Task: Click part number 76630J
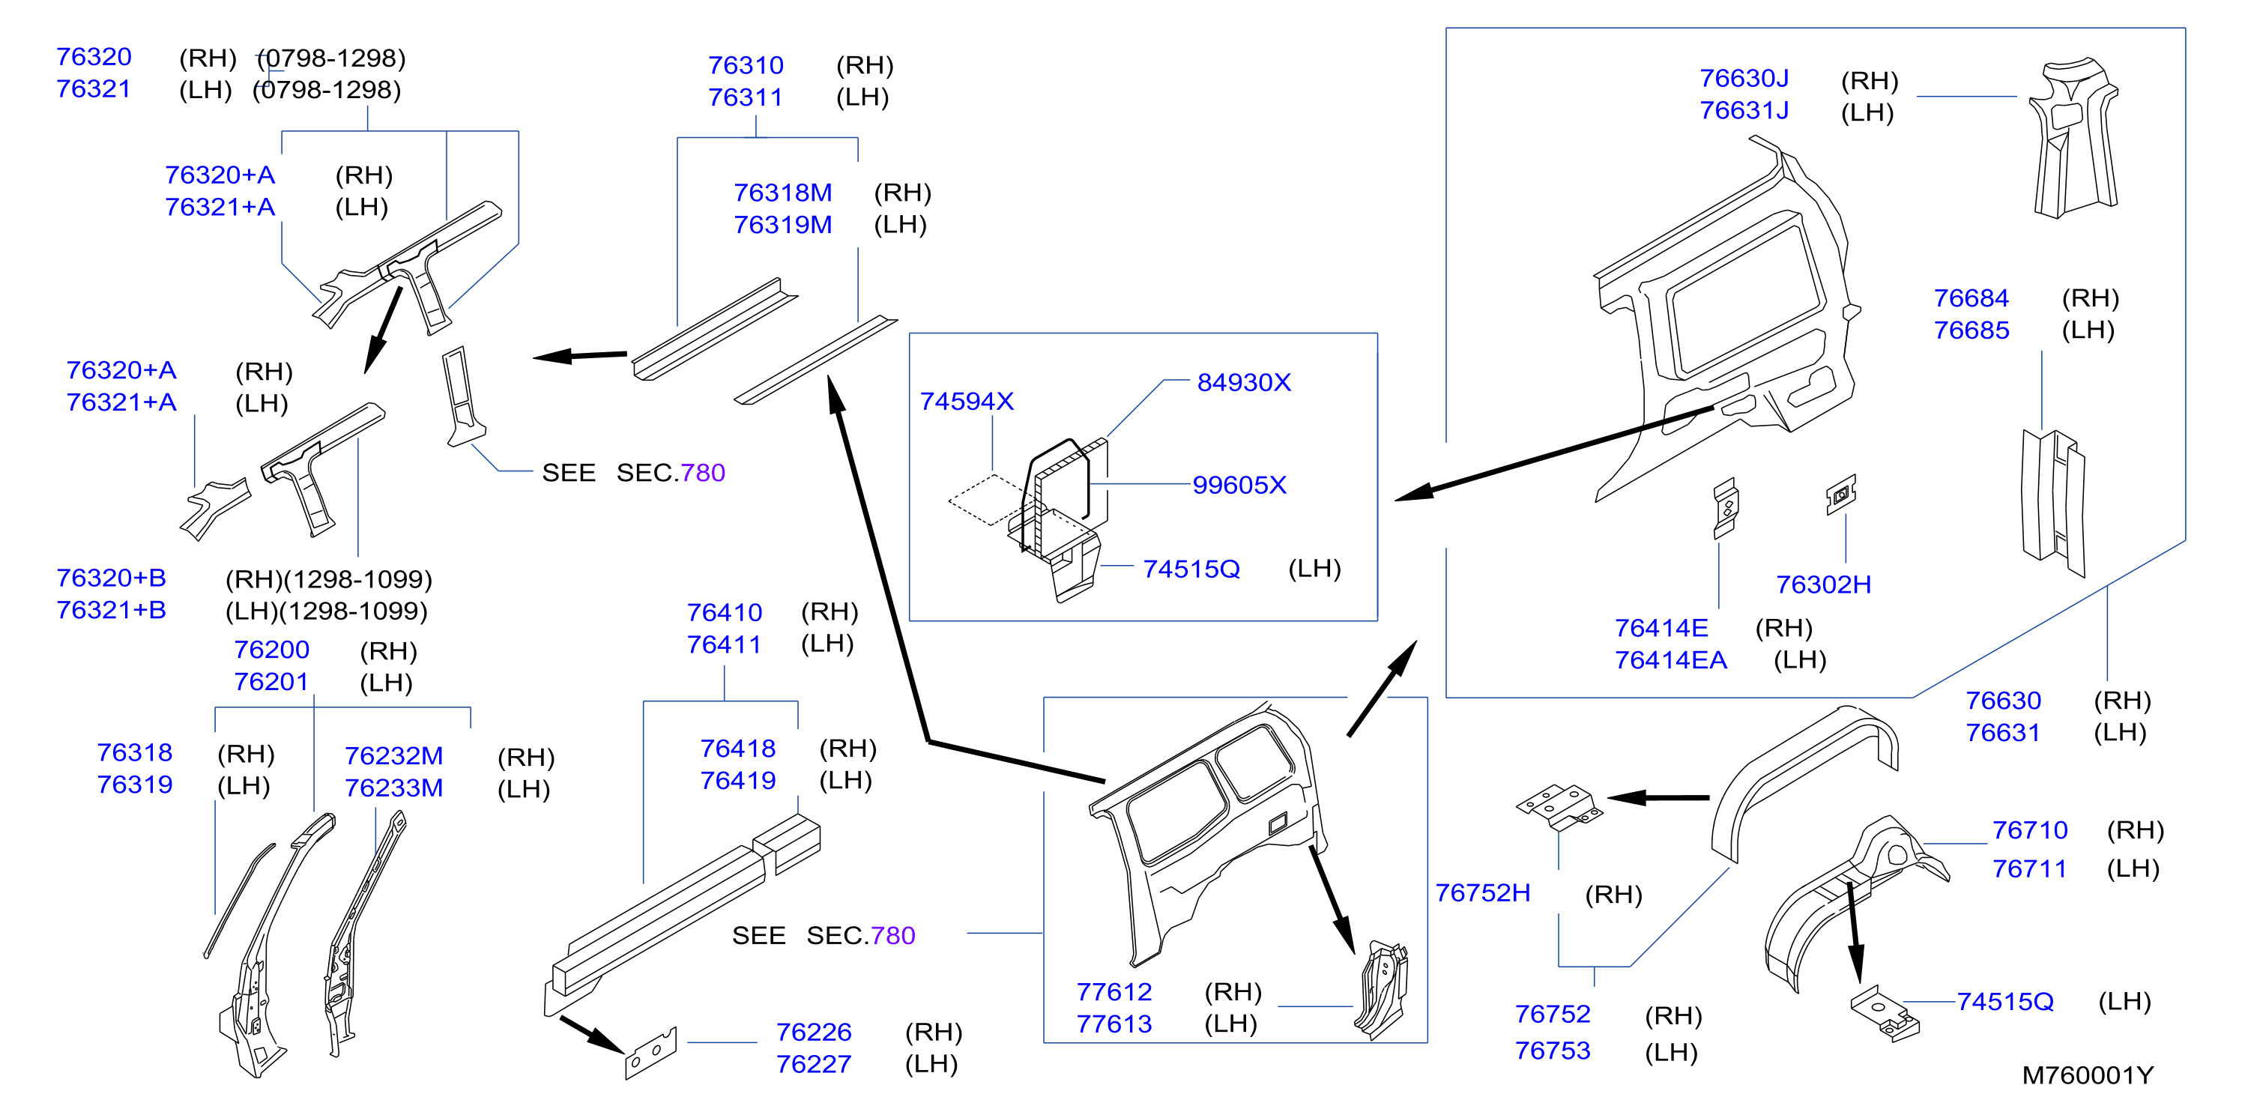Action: (x=1744, y=79)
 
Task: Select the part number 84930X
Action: (x=1244, y=382)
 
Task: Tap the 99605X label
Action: (x=1239, y=485)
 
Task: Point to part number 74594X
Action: (x=967, y=401)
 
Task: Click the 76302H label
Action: (x=1823, y=584)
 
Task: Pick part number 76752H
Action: (x=1482, y=892)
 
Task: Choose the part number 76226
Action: (x=814, y=1032)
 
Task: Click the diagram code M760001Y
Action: (x=2087, y=1075)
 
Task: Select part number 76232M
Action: (x=393, y=755)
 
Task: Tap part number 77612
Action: (x=1114, y=992)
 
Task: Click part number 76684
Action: (x=1971, y=298)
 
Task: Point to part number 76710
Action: (x=2030, y=830)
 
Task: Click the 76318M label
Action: (x=782, y=193)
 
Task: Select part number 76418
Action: (x=738, y=749)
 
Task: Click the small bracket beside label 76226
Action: (x=651, y=1054)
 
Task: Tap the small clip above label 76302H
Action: (x=1841, y=495)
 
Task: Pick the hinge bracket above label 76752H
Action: (x=1559, y=808)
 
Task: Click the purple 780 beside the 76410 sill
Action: (x=893, y=935)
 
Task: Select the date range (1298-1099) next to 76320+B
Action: (x=359, y=579)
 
